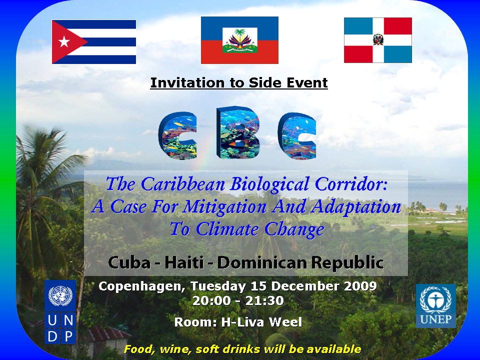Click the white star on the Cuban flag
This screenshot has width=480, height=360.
(x=64, y=41)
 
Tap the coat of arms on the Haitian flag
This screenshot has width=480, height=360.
(x=240, y=40)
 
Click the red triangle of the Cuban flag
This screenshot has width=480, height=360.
(x=65, y=41)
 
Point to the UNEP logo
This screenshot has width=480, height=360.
(x=436, y=306)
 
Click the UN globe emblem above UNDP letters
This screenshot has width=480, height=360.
(x=60, y=295)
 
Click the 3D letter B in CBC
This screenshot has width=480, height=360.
(x=238, y=132)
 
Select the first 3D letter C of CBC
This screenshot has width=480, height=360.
(x=177, y=135)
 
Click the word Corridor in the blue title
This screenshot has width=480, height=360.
(x=351, y=184)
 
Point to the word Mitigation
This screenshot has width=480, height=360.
(x=224, y=207)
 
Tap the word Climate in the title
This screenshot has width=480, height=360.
(x=227, y=229)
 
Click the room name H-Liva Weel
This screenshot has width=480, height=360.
(x=261, y=322)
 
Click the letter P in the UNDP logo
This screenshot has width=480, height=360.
(x=68, y=336)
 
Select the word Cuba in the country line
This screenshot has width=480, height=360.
(x=129, y=262)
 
